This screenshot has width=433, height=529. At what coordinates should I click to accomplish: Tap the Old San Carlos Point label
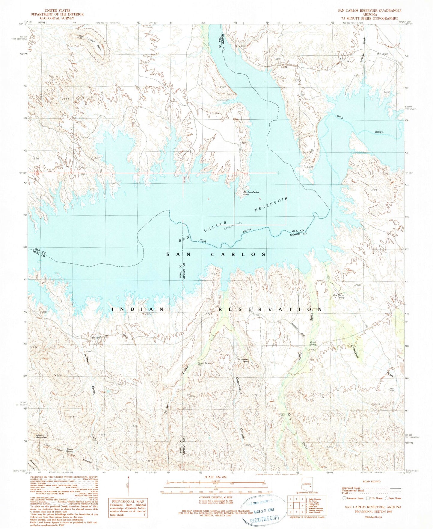click(251, 193)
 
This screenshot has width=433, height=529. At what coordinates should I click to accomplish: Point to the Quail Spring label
click(313, 343)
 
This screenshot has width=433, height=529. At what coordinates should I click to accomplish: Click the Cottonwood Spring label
click(243, 360)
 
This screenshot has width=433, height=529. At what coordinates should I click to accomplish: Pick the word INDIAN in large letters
click(138, 309)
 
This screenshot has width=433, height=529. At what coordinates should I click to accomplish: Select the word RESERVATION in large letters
click(270, 309)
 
